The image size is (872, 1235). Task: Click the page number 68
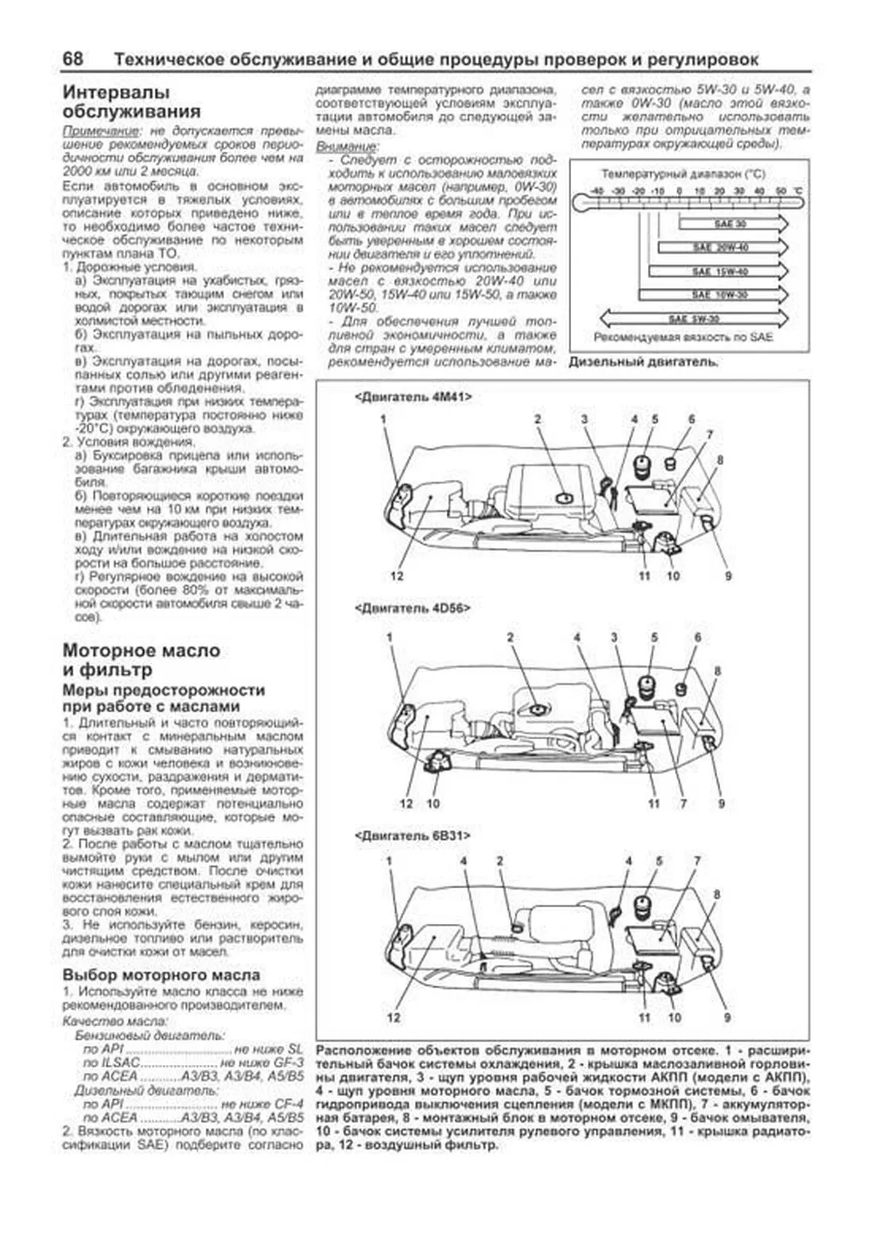coord(73,60)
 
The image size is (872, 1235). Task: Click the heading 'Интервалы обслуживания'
coord(132,102)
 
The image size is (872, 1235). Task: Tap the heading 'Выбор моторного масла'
coord(161,975)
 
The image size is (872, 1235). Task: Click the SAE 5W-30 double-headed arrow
coord(694,318)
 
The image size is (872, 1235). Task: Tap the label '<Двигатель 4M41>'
coord(413,397)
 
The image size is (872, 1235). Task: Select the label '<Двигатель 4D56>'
coord(412,608)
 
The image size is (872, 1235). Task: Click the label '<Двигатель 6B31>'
coord(412,836)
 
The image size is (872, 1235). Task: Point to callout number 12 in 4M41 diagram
coord(396,576)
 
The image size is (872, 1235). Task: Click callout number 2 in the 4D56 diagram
coord(510,637)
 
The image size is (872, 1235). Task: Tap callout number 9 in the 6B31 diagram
coord(727,1018)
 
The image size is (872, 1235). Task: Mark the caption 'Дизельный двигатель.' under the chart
coord(643,362)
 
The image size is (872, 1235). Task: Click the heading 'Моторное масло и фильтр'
coord(142,660)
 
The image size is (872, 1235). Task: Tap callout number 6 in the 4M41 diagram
coord(691,419)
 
